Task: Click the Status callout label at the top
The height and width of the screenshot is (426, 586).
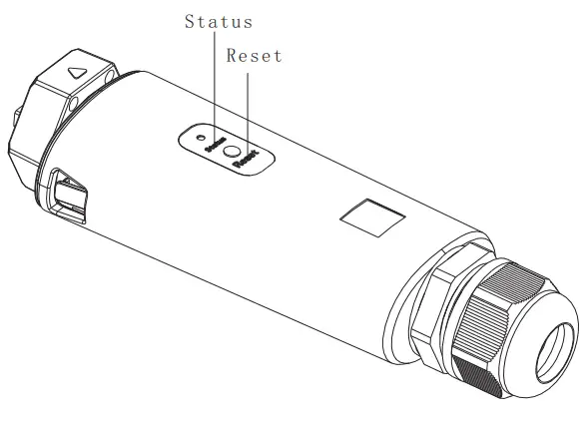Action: click(x=219, y=21)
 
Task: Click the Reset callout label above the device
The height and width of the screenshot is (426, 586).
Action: click(x=255, y=55)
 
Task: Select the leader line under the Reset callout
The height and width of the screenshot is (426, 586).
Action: click(x=248, y=113)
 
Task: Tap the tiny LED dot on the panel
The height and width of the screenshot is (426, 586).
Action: click(x=200, y=137)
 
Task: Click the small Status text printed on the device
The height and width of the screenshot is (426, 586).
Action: click(x=216, y=144)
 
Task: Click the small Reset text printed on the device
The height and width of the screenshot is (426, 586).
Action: click(x=246, y=159)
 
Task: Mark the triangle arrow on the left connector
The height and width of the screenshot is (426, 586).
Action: click(x=78, y=72)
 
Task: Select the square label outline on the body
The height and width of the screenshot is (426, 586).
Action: click(x=372, y=217)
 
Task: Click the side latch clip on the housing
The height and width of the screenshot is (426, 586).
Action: click(x=70, y=196)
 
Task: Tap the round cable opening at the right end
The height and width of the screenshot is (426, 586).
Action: click(x=555, y=352)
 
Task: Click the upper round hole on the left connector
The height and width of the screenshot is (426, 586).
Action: click(x=110, y=77)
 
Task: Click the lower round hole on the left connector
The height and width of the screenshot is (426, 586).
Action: click(x=73, y=104)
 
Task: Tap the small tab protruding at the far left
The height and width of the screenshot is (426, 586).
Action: click(x=16, y=117)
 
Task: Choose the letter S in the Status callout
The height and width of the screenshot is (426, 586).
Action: click(x=191, y=21)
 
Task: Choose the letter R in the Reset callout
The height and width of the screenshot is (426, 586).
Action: click(x=232, y=55)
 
